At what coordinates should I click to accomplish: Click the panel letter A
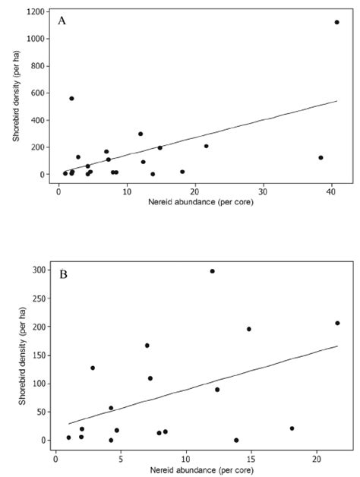[62, 21]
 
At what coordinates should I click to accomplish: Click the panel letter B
[63, 273]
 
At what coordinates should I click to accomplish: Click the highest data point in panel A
[336, 22]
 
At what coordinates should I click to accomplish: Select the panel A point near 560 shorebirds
[71, 98]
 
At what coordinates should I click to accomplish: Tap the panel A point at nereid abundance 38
[321, 157]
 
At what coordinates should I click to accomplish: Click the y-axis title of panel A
[16, 95]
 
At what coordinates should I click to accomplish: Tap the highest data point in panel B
[212, 271]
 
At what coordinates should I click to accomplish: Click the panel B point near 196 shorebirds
[248, 329]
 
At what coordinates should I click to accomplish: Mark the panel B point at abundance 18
[292, 428]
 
